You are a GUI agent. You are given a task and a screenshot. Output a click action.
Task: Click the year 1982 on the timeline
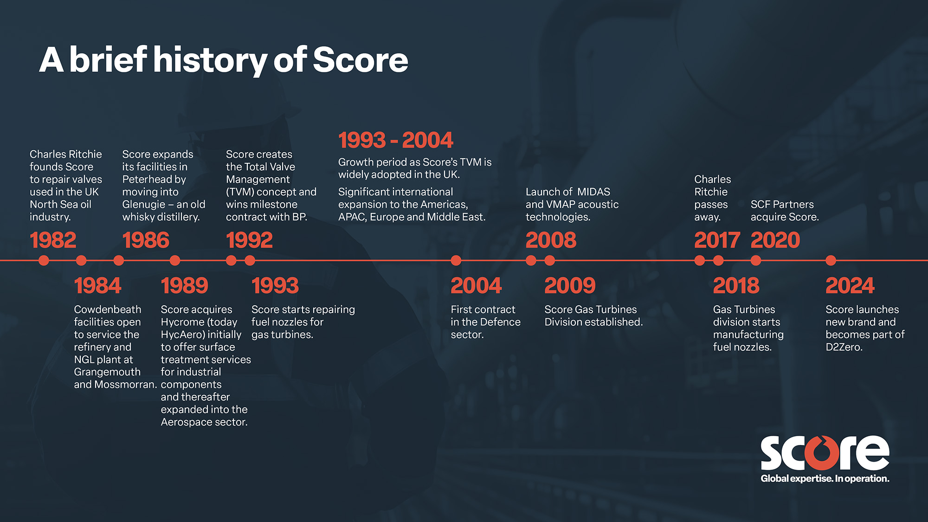click(53, 240)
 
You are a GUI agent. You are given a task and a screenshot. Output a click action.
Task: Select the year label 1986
click(146, 240)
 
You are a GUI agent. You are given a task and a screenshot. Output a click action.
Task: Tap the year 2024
click(850, 285)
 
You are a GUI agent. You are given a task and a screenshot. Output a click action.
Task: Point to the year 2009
click(570, 285)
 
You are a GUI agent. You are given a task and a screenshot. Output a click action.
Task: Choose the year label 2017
click(717, 240)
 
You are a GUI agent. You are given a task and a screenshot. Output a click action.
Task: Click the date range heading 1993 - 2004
click(395, 140)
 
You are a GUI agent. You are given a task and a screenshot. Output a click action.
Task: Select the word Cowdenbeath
click(108, 309)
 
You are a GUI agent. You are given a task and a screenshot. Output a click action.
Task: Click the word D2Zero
click(844, 347)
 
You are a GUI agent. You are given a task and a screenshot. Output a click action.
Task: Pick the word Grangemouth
click(107, 372)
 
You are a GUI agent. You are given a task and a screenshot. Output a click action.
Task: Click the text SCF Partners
click(782, 204)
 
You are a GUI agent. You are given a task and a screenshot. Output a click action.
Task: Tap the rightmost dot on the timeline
click(831, 260)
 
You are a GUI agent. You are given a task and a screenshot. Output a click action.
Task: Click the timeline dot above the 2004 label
click(456, 260)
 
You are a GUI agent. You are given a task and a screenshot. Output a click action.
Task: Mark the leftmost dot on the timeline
click(44, 260)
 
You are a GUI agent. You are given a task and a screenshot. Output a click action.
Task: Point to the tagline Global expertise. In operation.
click(825, 478)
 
